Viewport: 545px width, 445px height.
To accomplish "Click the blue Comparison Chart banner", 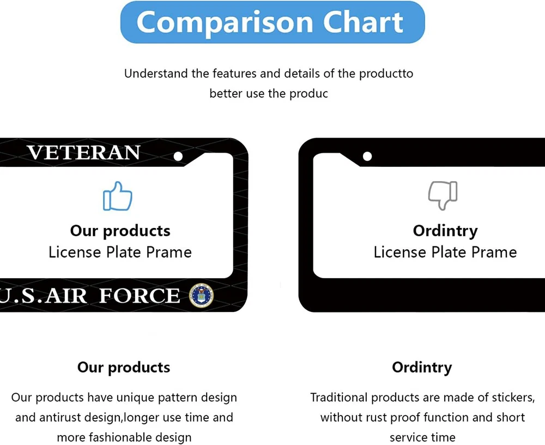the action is click(272, 22).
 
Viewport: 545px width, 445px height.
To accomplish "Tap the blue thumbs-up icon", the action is click(118, 196).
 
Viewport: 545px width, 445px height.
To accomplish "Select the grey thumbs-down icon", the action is click(443, 195).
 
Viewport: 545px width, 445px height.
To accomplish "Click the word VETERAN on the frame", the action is click(84, 153).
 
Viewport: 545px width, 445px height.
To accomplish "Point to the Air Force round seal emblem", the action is click(201, 296).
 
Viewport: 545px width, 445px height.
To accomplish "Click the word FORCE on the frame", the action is click(140, 296).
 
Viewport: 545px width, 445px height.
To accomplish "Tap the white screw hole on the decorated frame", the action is click(178, 156).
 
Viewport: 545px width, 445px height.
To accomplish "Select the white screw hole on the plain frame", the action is click(367, 156).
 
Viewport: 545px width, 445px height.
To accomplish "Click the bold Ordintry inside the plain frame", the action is click(445, 231).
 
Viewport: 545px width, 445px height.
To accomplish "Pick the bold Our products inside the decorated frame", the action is click(120, 231).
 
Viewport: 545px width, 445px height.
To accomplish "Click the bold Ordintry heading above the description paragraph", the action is click(422, 368).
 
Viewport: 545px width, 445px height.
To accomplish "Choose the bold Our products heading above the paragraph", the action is click(124, 368).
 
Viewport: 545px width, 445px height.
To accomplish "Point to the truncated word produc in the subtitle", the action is click(308, 94).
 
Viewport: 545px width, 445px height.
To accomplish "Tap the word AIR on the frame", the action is click(66, 296).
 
